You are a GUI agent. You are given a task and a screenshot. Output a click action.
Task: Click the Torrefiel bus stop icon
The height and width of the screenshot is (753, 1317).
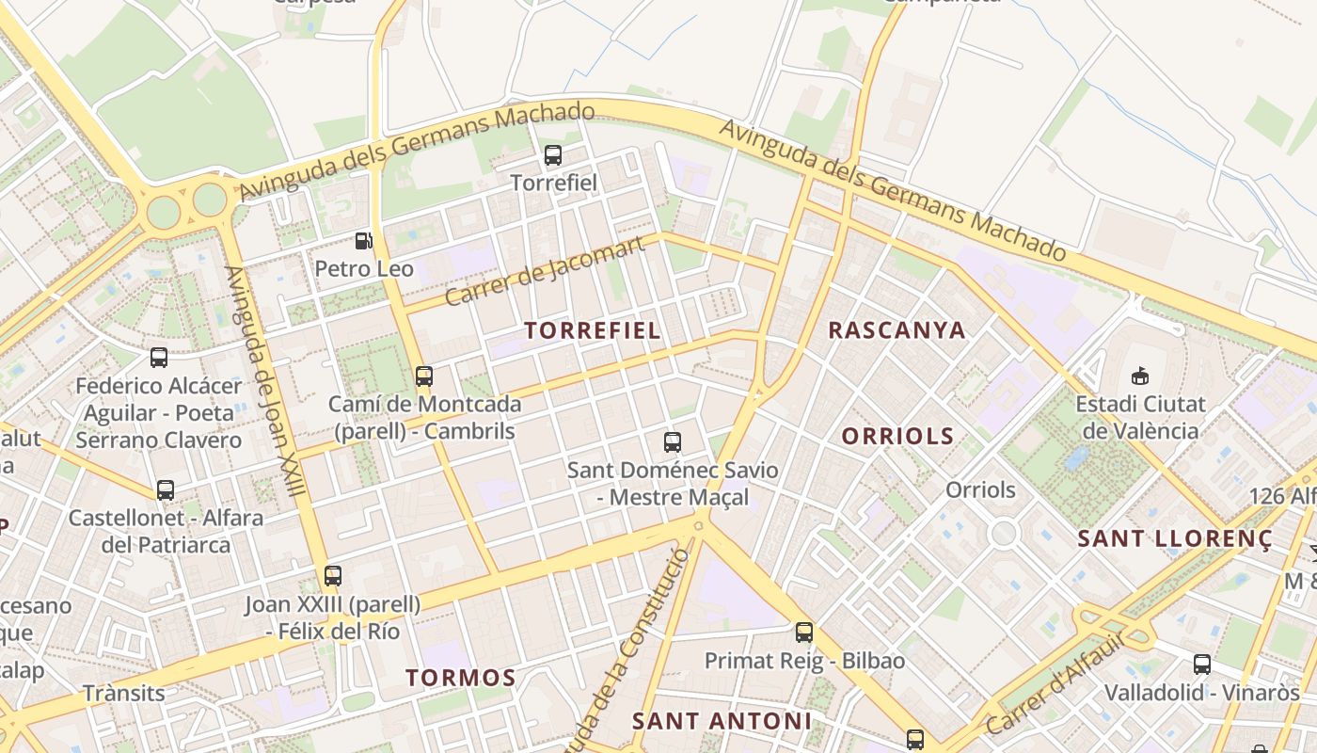(553, 155)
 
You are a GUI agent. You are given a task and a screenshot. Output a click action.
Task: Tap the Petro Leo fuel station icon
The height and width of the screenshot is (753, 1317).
(364, 241)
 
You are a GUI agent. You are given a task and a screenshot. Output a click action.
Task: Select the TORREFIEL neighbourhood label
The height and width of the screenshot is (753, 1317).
(593, 330)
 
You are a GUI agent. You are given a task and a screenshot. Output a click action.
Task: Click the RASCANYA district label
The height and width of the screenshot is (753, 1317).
(897, 330)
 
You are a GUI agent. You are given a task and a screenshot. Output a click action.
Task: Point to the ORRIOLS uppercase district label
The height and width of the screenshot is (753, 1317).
(897, 437)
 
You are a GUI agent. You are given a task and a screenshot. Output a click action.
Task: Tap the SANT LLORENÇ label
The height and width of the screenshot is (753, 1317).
(1175, 539)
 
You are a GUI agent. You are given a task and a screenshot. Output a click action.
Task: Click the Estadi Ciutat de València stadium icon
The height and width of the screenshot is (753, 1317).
(1140, 376)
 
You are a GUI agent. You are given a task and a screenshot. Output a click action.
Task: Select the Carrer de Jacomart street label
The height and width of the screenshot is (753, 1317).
(545, 271)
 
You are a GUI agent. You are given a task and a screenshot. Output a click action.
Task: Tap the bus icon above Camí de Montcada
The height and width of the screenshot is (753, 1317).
(424, 376)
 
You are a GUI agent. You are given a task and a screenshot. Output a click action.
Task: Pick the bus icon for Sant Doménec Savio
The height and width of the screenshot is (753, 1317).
(673, 441)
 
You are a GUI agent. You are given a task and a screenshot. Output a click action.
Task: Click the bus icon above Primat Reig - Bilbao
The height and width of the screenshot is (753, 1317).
(804, 633)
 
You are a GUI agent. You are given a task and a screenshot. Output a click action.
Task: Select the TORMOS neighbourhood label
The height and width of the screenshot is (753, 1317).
(461, 678)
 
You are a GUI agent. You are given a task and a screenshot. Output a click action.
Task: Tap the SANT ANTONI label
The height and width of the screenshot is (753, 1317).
(722, 721)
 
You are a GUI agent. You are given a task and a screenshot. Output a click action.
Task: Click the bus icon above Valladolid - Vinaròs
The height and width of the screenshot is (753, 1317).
(1202, 665)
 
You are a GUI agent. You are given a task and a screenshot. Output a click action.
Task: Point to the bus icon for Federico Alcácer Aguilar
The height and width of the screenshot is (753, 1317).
(159, 358)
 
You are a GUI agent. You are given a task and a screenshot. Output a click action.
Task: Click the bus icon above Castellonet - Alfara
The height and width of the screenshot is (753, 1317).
(166, 490)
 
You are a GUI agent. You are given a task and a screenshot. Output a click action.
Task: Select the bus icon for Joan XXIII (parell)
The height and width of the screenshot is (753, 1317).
(333, 576)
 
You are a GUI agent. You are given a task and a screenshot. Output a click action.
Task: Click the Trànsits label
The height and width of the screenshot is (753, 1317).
(123, 694)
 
